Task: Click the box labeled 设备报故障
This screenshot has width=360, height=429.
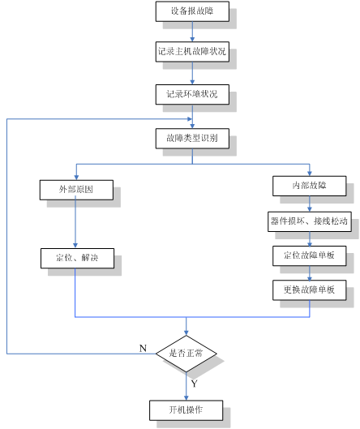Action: click(192, 11)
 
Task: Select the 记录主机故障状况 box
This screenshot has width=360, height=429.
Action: click(192, 52)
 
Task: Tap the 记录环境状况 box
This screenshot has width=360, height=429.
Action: click(192, 94)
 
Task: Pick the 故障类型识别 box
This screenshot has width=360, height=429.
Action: click(192, 139)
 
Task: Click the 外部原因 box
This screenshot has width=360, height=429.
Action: click(76, 190)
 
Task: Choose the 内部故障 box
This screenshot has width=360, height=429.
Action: click(310, 186)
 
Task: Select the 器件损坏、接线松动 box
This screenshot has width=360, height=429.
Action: click(310, 221)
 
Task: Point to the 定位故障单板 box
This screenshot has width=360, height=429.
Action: click(310, 255)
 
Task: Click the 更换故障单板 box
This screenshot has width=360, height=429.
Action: click(310, 290)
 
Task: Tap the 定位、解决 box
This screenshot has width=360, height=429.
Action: click(77, 258)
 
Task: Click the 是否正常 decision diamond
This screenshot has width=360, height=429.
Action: click(186, 354)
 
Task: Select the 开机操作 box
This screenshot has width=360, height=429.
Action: click(186, 410)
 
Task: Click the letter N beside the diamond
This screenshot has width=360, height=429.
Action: click(143, 348)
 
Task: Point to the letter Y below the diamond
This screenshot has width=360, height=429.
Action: click(194, 384)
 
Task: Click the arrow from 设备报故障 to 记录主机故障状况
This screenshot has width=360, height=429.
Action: click(192, 32)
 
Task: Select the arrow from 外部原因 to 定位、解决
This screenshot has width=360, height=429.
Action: click(75, 224)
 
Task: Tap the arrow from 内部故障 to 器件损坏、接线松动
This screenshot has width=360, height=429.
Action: click(310, 204)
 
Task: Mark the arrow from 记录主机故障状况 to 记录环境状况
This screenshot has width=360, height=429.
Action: click(192, 73)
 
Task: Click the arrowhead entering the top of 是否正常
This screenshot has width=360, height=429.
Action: click(186, 333)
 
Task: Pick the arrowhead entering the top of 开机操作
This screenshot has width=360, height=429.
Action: click(186, 398)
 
